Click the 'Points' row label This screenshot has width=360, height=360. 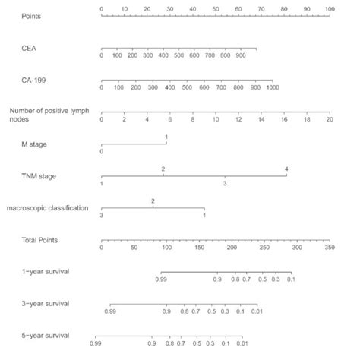pyautogui.click(x=31, y=15)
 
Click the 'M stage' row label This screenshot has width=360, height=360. pyautogui.click(x=35, y=144)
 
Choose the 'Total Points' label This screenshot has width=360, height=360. pyautogui.click(x=40, y=240)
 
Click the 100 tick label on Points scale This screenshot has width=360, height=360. pyautogui.click(x=329, y=7)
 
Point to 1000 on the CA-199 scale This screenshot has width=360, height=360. pyautogui.click(x=273, y=88)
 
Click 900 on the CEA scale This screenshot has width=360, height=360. pyautogui.click(x=241, y=55)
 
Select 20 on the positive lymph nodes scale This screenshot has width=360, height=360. pyautogui.click(x=329, y=120)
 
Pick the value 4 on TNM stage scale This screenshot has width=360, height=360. pyautogui.click(x=286, y=168)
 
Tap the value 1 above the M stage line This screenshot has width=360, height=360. pyautogui.click(x=166, y=136)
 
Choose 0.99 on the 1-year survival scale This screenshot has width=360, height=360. pyautogui.click(x=161, y=279)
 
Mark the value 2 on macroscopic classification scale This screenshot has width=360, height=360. pyautogui.click(x=153, y=201)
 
